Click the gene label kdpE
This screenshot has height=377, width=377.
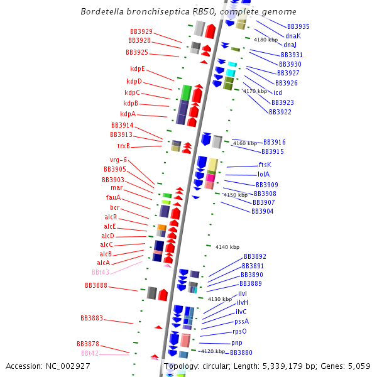tap(137, 68)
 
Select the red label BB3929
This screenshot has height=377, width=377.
tap(141, 31)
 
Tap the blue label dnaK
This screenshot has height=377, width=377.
tap(293, 36)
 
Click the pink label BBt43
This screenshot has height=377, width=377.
tap(100, 272)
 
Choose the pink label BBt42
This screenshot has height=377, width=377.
tap(89, 353)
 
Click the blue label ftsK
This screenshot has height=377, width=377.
tap(265, 165)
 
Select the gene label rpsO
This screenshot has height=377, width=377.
tap(239, 331)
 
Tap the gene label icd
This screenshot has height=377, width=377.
tap(277, 92)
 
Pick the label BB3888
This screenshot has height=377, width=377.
tap(96, 285)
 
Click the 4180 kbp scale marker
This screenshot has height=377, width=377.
tap(265, 40)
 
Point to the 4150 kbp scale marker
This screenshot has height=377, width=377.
tap(236, 195)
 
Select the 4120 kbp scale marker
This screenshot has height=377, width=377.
tap(212, 351)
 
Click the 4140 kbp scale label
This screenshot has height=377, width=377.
tap(227, 247)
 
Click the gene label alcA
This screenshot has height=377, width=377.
tap(103, 263)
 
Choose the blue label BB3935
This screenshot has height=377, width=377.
tap(298, 26)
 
